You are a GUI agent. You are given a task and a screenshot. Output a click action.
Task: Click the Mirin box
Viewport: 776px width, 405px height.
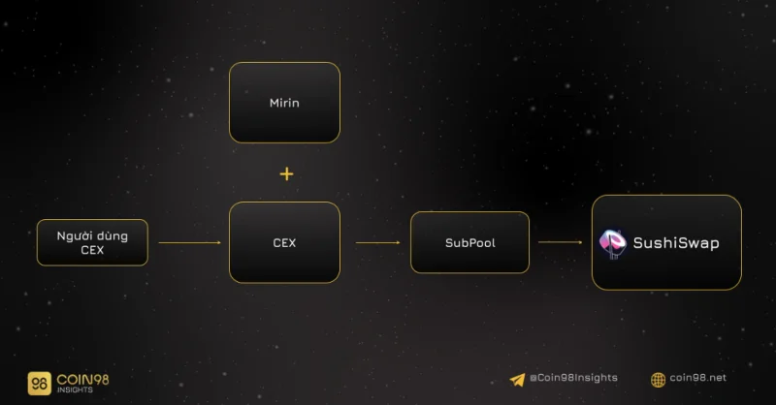(284, 103)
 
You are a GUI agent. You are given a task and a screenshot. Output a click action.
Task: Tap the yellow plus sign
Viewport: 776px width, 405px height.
(286, 174)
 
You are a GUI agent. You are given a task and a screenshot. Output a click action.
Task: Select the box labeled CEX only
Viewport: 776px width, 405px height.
(284, 242)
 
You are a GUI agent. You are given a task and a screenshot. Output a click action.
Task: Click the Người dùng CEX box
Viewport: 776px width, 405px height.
(92, 242)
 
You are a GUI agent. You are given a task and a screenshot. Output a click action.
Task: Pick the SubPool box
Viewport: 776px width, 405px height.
(469, 242)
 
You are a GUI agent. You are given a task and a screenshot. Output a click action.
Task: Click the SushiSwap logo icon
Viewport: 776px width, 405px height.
(613, 243)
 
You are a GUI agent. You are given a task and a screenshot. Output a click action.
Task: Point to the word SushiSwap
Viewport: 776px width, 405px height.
(676, 243)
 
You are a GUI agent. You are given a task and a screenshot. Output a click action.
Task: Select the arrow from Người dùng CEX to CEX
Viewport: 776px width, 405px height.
(189, 242)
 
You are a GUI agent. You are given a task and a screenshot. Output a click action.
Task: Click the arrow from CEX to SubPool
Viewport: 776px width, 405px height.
(377, 242)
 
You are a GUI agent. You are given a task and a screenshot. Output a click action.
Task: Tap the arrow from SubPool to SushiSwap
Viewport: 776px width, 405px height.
(561, 242)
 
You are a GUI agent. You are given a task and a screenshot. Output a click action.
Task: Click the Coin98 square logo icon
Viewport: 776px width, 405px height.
(39, 384)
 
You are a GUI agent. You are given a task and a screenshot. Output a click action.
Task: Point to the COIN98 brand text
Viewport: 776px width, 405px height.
(82, 379)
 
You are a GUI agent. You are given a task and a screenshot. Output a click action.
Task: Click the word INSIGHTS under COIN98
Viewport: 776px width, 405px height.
(75, 390)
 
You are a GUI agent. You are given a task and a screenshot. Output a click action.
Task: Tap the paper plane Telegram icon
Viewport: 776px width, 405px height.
(517, 380)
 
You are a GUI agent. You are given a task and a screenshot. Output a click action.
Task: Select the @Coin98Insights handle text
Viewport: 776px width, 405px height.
(573, 378)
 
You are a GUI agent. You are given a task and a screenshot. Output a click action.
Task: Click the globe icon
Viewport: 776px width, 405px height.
(659, 380)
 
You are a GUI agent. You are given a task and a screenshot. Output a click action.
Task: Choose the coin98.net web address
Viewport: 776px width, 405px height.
(697, 378)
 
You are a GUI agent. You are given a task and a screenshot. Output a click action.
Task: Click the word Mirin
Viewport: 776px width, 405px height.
(284, 103)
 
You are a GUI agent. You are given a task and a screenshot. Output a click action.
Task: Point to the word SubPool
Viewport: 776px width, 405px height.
(470, 243)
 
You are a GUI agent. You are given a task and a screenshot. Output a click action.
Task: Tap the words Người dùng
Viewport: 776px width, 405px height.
(92, 236)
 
